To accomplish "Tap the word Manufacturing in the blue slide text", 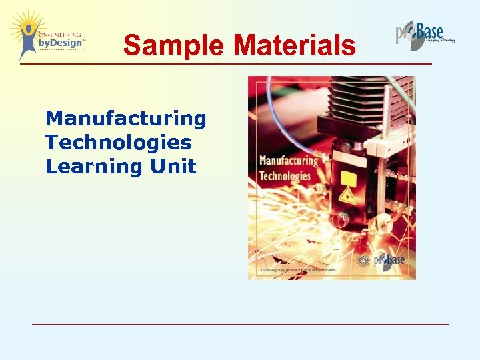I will [x=126, y=119].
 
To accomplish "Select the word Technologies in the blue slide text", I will [x=119, y=142].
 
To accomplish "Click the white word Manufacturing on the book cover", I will [x=288, y=161].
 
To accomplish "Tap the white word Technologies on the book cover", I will [x=285, y=176].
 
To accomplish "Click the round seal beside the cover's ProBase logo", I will [x=364, y=260].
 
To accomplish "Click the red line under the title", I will [x=227, y=63].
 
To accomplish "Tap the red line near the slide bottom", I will [x=240, y=324].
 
